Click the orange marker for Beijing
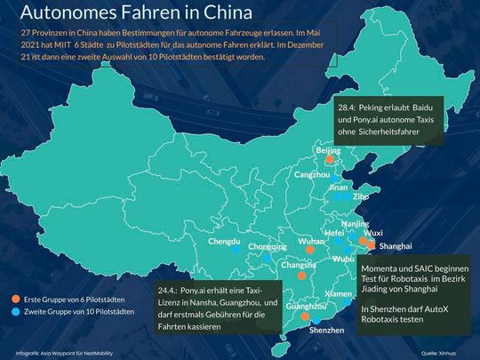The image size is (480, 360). (327, 162)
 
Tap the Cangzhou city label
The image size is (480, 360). (312, 175)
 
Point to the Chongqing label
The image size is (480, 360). (268, 246)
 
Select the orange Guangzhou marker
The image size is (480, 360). (305, 316)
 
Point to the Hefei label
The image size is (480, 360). (334, 232)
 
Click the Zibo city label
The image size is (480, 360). (361, 196)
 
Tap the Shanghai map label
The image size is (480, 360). (396, 244)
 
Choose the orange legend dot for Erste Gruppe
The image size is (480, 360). (17, 299)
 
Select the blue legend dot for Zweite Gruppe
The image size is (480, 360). (17, 313)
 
